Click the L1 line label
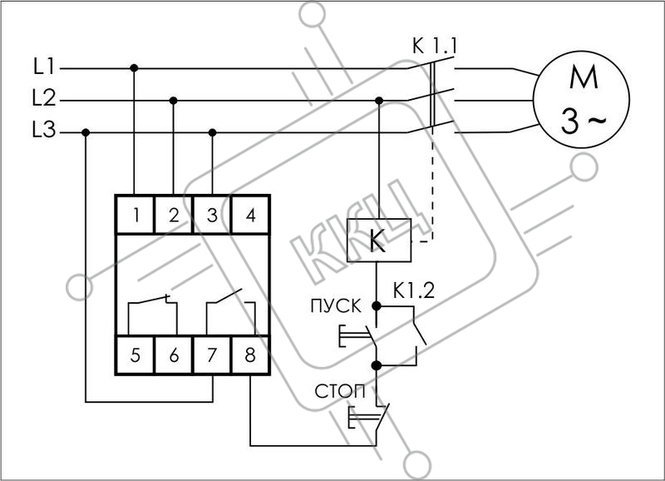click(x=44, y=67)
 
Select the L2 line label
click(x=44, y=98)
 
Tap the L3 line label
click(x=44, y=130)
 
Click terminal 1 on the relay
click(x=135, y=215)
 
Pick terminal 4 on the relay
click(x=251, y=215)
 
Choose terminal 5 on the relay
click(x=135, y=355)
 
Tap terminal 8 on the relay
click(x=251, y=355)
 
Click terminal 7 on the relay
click(x=212, y=355)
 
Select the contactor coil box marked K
click(x=379, y=240)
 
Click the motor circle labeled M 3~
click(x=581, y=99)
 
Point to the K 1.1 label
click(x=435, y=47)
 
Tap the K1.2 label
click(x=414, y=290)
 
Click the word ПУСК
click(x=336, y=306)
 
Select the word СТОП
click(x=340, y=391)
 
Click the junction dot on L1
click(x=134, y=68)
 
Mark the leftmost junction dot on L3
click(x=86, y=133)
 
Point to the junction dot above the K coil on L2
click(x=379, y=101)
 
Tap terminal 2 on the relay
click(x=174, y=215)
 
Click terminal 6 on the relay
click(x=174, y=355)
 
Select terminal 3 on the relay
click(x=212, y=215)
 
